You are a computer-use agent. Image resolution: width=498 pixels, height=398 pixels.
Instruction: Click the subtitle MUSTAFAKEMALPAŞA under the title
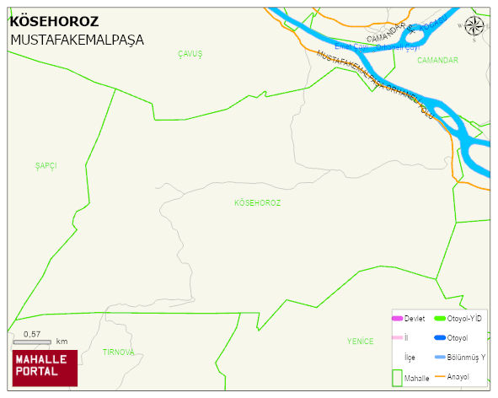(x=77, y=40)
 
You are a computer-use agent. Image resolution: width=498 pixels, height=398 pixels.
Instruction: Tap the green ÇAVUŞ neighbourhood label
(x=190, y=54)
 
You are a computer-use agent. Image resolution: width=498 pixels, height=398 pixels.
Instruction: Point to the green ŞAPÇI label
(x=46, y=165)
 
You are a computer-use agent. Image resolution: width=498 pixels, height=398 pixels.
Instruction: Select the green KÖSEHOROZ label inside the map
(x=257, y=203)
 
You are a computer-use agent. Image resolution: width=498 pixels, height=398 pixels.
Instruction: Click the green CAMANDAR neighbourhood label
(x=437, y=61)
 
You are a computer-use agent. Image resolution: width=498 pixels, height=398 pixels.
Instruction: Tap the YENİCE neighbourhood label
(x=360, y=342)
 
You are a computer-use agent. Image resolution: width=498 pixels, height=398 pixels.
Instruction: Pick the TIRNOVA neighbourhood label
(x=118, y=352)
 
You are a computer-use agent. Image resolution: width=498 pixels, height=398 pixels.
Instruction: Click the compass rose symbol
(x=474, y=27)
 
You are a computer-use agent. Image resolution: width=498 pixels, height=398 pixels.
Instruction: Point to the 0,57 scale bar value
(x=32, y=335)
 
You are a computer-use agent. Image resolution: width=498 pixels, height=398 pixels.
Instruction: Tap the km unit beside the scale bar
(x=62, y=342)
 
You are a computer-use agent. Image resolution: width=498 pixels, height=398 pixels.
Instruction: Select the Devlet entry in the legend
(x=414, y=318)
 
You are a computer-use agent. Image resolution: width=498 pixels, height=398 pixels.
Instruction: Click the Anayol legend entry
(x=458, y=376)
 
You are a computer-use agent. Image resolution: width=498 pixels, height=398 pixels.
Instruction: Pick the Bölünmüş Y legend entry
(x=466, y=357)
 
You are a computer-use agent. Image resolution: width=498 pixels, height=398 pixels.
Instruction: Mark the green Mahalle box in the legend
(x=397, y=377)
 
